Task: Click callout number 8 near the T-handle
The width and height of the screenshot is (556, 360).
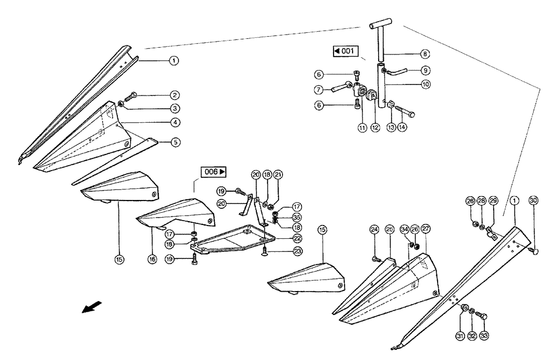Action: click(x=424, y=54)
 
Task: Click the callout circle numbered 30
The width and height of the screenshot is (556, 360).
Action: click(x=533, y=201)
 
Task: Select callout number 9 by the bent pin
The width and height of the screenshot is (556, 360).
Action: click(x=424, y=71)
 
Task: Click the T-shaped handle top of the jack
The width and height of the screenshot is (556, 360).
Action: click(x=381, y=26)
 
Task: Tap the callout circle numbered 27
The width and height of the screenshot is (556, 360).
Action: click(x=425, y=228)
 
